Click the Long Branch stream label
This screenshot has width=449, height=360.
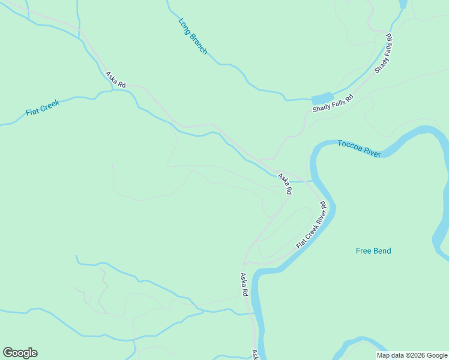[x=193, y=37]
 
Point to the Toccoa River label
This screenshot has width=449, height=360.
[x=359, y=149]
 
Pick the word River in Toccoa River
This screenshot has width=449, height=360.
[x=371, y=152]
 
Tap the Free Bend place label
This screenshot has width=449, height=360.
[x=373, y=251]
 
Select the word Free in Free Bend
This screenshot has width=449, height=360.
[x=363, y=251]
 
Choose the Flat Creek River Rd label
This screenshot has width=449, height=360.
[x=311, y=226]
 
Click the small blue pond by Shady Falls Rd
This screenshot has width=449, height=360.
[x=322, y=98]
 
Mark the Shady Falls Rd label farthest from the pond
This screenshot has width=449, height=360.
[x=384, y=53]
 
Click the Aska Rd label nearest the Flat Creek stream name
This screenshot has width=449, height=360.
[x=115, y=80]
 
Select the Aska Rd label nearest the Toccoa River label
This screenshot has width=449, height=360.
[x=285, y=184]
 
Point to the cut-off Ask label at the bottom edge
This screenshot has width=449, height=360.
[x=255, y=355]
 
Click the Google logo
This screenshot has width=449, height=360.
[x=20, y=353]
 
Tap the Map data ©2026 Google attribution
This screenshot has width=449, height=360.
[x=412, y=355]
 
